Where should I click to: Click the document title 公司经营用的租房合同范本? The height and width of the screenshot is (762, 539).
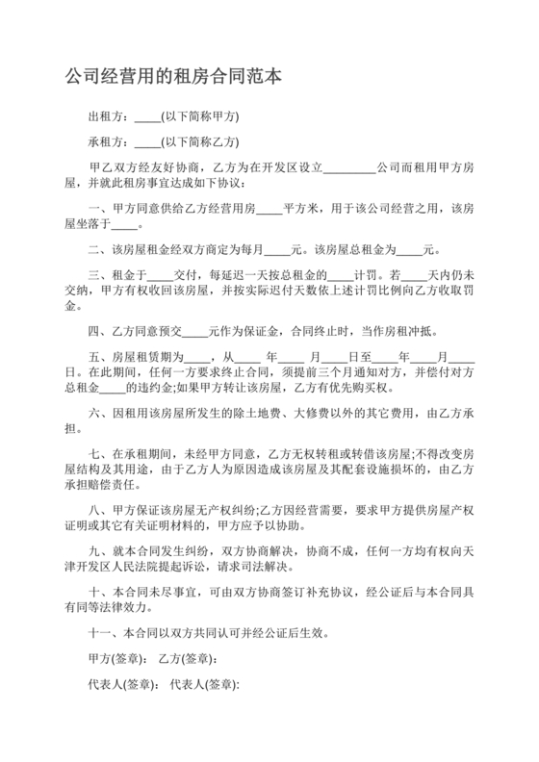(x=173, y=76)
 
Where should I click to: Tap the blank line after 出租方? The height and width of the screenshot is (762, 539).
(x=148, y=118)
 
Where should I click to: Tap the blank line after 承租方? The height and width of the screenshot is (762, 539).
(x=148, y=143)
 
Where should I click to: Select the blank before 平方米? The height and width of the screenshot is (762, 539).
(x=269, y=210)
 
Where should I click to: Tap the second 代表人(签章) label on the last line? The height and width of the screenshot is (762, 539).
(x=204, y=685)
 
